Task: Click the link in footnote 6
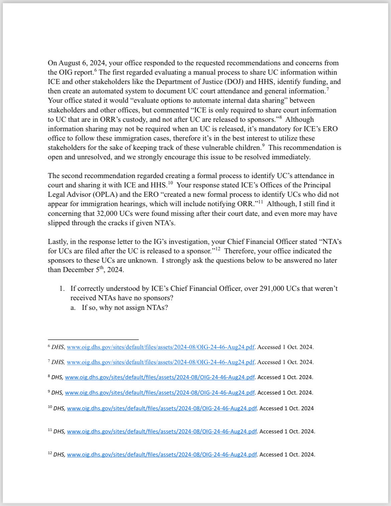(161, 347)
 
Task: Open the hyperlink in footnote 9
(160, 393)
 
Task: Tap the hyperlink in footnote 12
(162, 455)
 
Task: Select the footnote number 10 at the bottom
(50, 407)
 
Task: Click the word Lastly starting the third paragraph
(58, 242)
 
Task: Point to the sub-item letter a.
(73, 308)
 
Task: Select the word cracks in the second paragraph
(116, 223)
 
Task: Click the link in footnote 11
(162, 432)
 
